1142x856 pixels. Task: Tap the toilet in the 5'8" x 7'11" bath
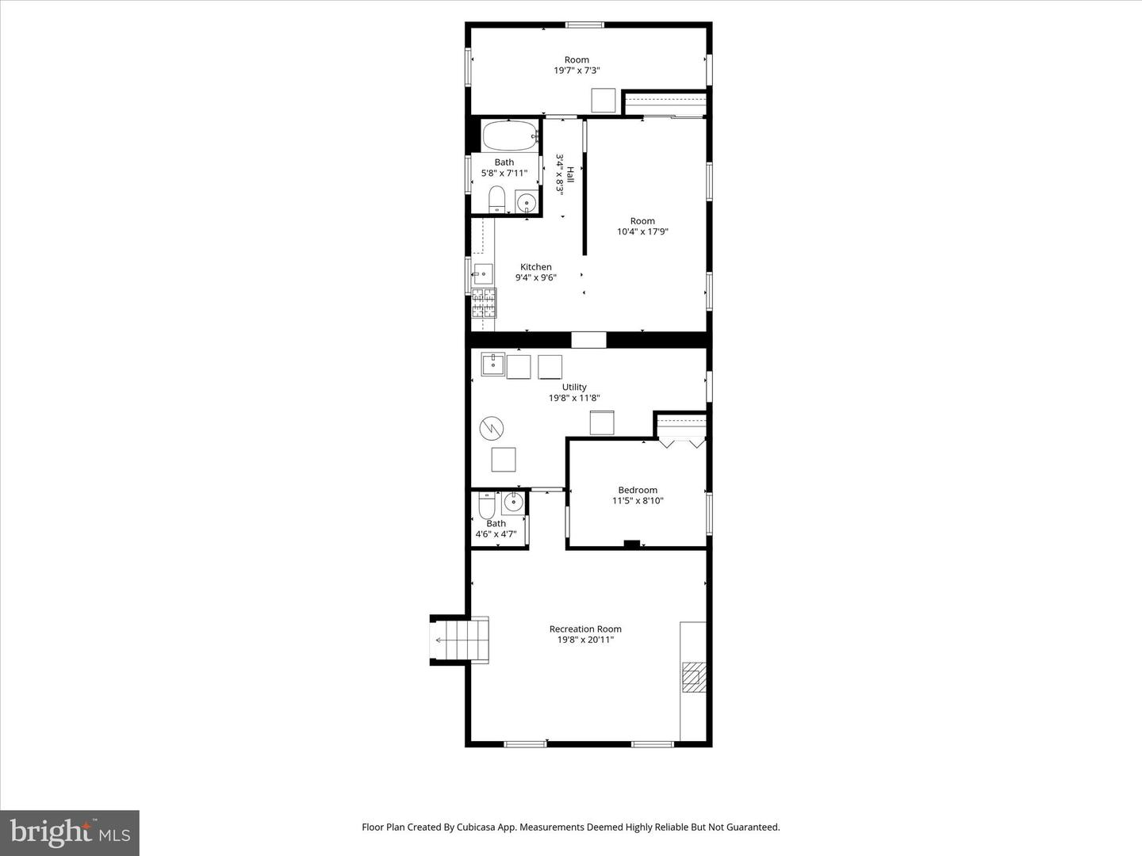click(x=497, y=199)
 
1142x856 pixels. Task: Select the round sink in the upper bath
click(x=526, y=203)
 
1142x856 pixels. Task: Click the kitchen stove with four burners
click(x=484, y=304)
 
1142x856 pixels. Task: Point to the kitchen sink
click(x=482, y=273)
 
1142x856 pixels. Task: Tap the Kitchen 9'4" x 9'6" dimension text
click(x=536, y=277)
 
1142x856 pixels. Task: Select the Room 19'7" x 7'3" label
click(x=577, y=65)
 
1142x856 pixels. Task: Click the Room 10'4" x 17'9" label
click(x=642, y=227)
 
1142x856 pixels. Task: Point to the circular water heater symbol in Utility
click(x=492, y=429)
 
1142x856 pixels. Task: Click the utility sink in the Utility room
click(x=492, y=365)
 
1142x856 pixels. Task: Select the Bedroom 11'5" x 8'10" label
click(x=638, y=495)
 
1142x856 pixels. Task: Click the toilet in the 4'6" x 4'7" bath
click(x=487, y=504)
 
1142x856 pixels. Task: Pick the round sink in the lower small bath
click(x=513, y=502)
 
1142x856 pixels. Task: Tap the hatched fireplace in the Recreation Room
click(x=694, y=678)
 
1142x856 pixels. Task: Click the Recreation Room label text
click(x=585, y=634)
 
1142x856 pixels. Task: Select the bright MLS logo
click(x=69, y=832)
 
